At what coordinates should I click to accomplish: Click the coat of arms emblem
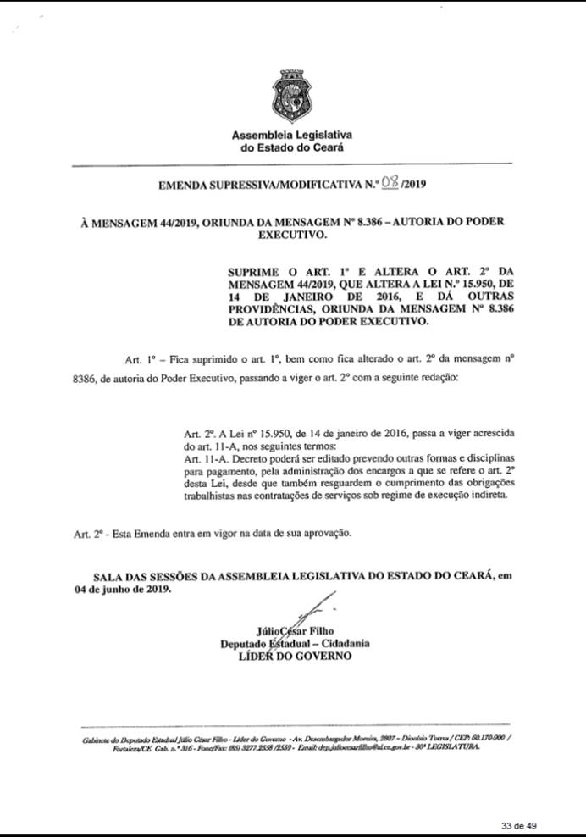click(x=292, y=95)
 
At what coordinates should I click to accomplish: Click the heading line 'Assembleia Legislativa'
click(x=292, y=136)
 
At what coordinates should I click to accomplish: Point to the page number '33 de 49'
click(x=519, y=825)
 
